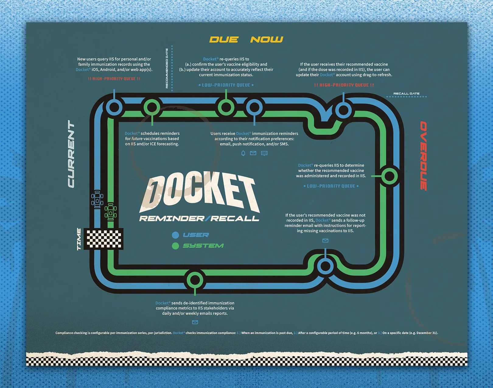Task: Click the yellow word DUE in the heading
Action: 224,40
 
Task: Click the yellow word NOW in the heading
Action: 267,40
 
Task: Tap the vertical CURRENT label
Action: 71,154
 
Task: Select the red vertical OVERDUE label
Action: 424,156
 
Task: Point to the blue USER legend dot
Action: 175,235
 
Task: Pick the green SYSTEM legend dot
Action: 175,246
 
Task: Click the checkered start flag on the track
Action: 103,238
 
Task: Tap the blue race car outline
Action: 97,199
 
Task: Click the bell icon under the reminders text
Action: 243,153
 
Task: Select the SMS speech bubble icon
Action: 264,153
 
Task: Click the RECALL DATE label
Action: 406,94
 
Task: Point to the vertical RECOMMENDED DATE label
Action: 167,69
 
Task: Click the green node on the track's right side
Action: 389,176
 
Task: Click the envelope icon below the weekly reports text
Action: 195,322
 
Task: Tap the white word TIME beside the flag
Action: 79,239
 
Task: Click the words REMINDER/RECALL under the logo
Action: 199,219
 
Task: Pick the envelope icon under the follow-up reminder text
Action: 325,241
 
